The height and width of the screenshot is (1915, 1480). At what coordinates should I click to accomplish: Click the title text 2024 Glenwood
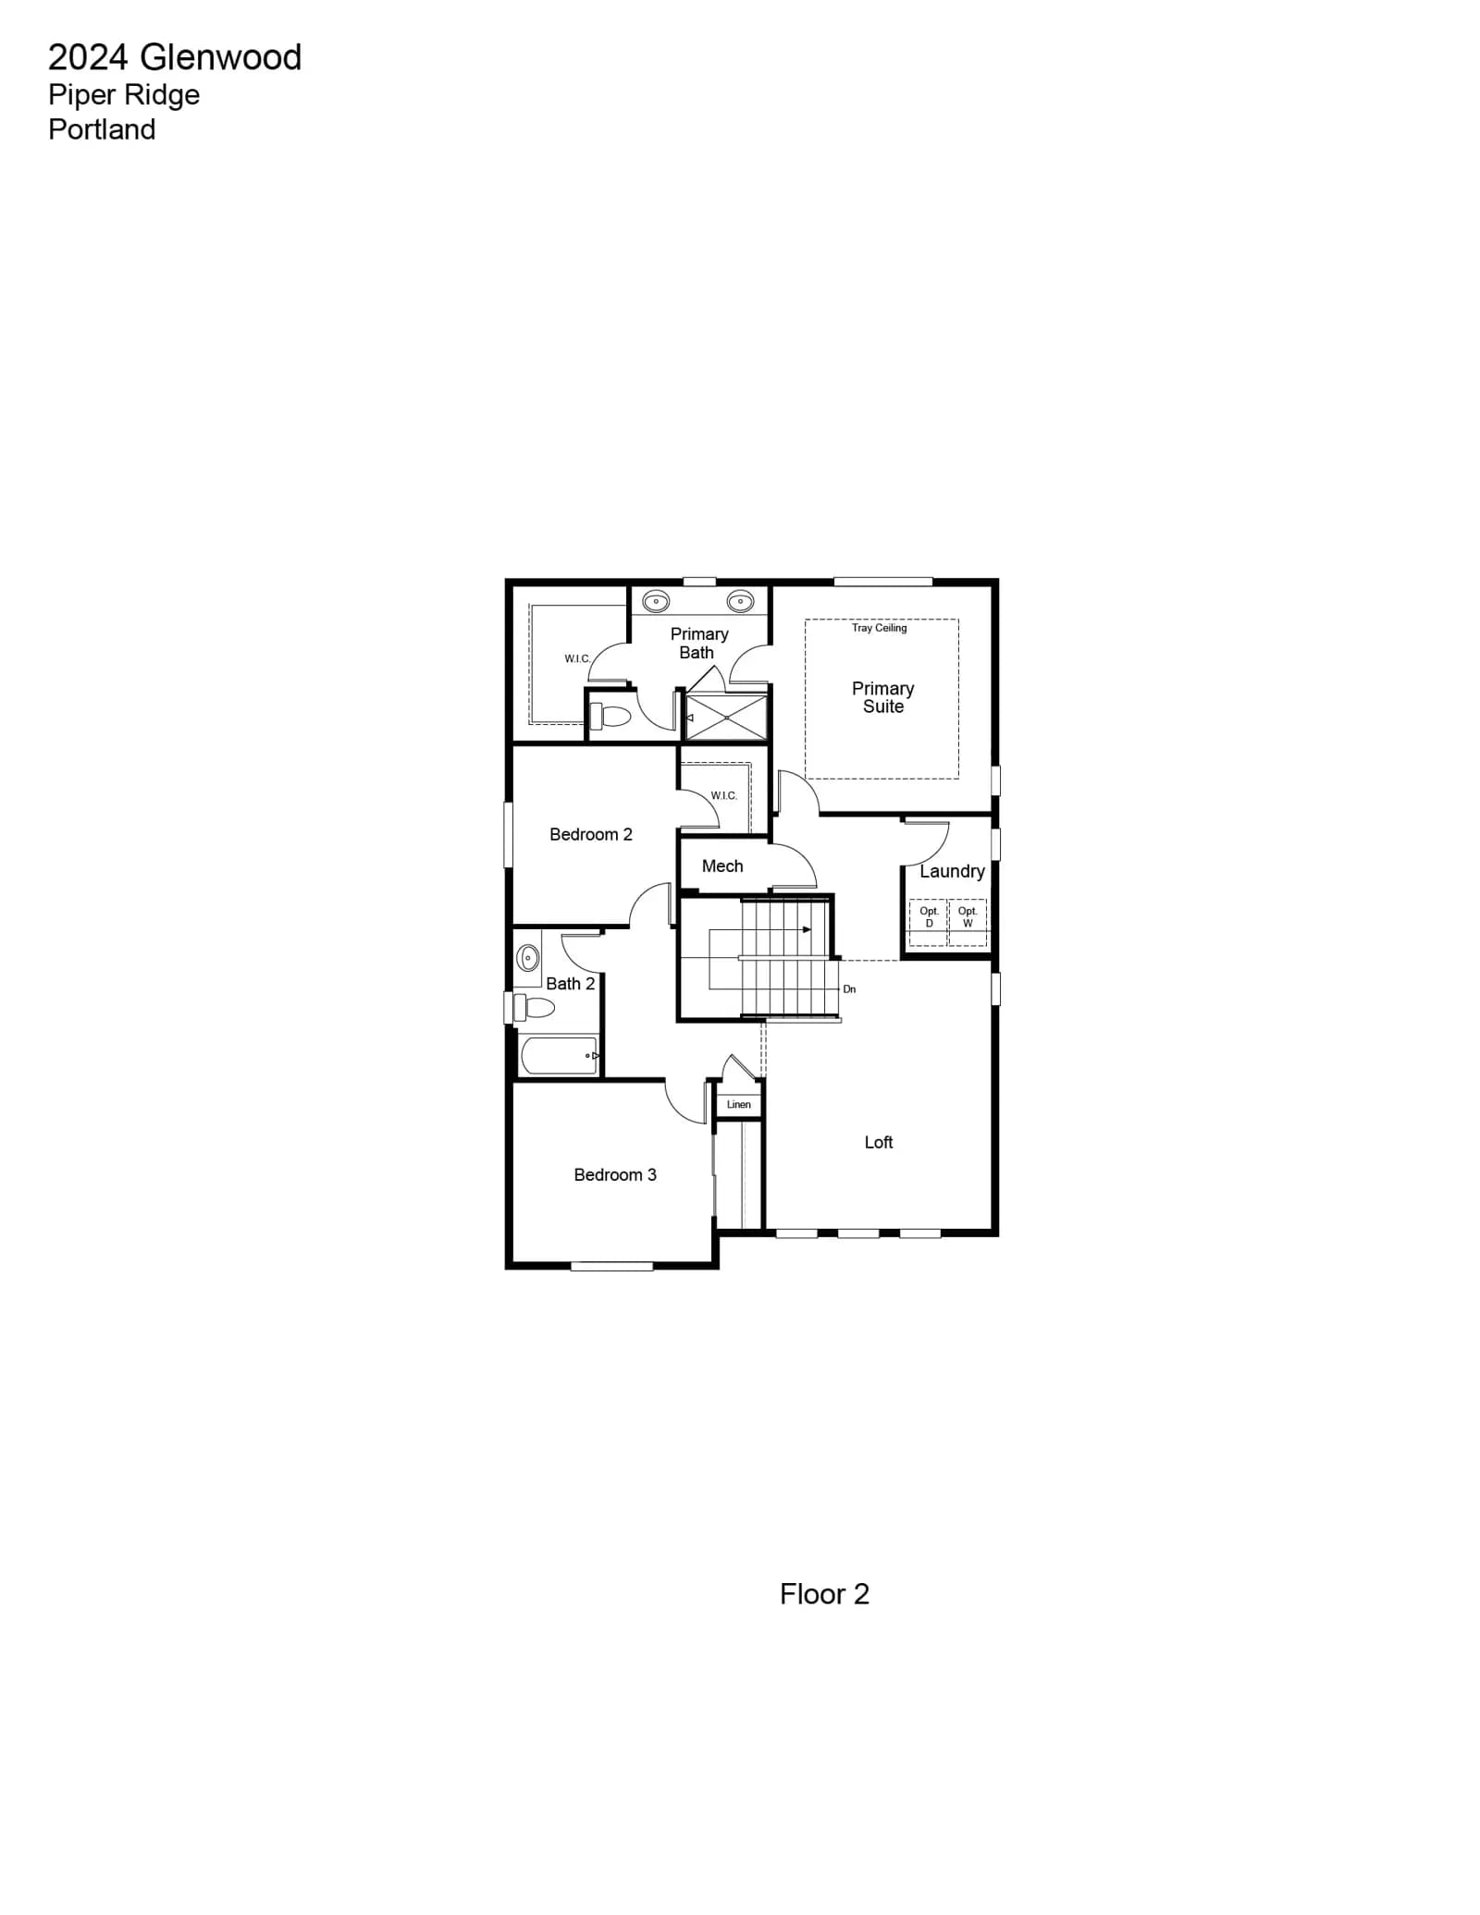175,57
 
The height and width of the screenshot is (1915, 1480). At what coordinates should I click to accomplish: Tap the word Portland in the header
102,129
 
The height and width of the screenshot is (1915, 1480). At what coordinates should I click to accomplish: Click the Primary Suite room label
883,697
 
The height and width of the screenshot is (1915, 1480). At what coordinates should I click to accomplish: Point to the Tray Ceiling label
880,628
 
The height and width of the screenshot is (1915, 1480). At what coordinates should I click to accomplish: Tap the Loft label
879,1142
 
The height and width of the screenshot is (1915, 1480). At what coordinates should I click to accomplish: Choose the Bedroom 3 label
615,1174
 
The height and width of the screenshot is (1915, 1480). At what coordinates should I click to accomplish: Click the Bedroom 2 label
591,834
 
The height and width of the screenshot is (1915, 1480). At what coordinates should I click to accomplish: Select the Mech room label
722,865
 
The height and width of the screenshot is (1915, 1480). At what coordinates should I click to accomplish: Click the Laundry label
952,871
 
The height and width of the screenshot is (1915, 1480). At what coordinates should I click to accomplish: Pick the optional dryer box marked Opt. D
929,923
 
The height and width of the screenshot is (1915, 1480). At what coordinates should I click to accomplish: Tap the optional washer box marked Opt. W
968,923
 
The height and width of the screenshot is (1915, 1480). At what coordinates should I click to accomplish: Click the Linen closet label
739,1104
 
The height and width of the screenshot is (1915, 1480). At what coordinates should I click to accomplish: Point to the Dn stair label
849,989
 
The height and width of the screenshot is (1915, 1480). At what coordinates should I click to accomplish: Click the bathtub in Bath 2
560,1055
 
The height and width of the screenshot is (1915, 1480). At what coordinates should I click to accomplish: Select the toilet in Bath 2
534,1007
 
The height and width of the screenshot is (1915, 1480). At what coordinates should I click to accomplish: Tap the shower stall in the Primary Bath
727,718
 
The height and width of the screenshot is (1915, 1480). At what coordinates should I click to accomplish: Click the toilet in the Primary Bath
610,716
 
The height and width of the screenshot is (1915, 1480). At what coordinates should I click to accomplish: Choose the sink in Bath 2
528,957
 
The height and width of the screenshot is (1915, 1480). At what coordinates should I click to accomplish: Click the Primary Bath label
699,643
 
